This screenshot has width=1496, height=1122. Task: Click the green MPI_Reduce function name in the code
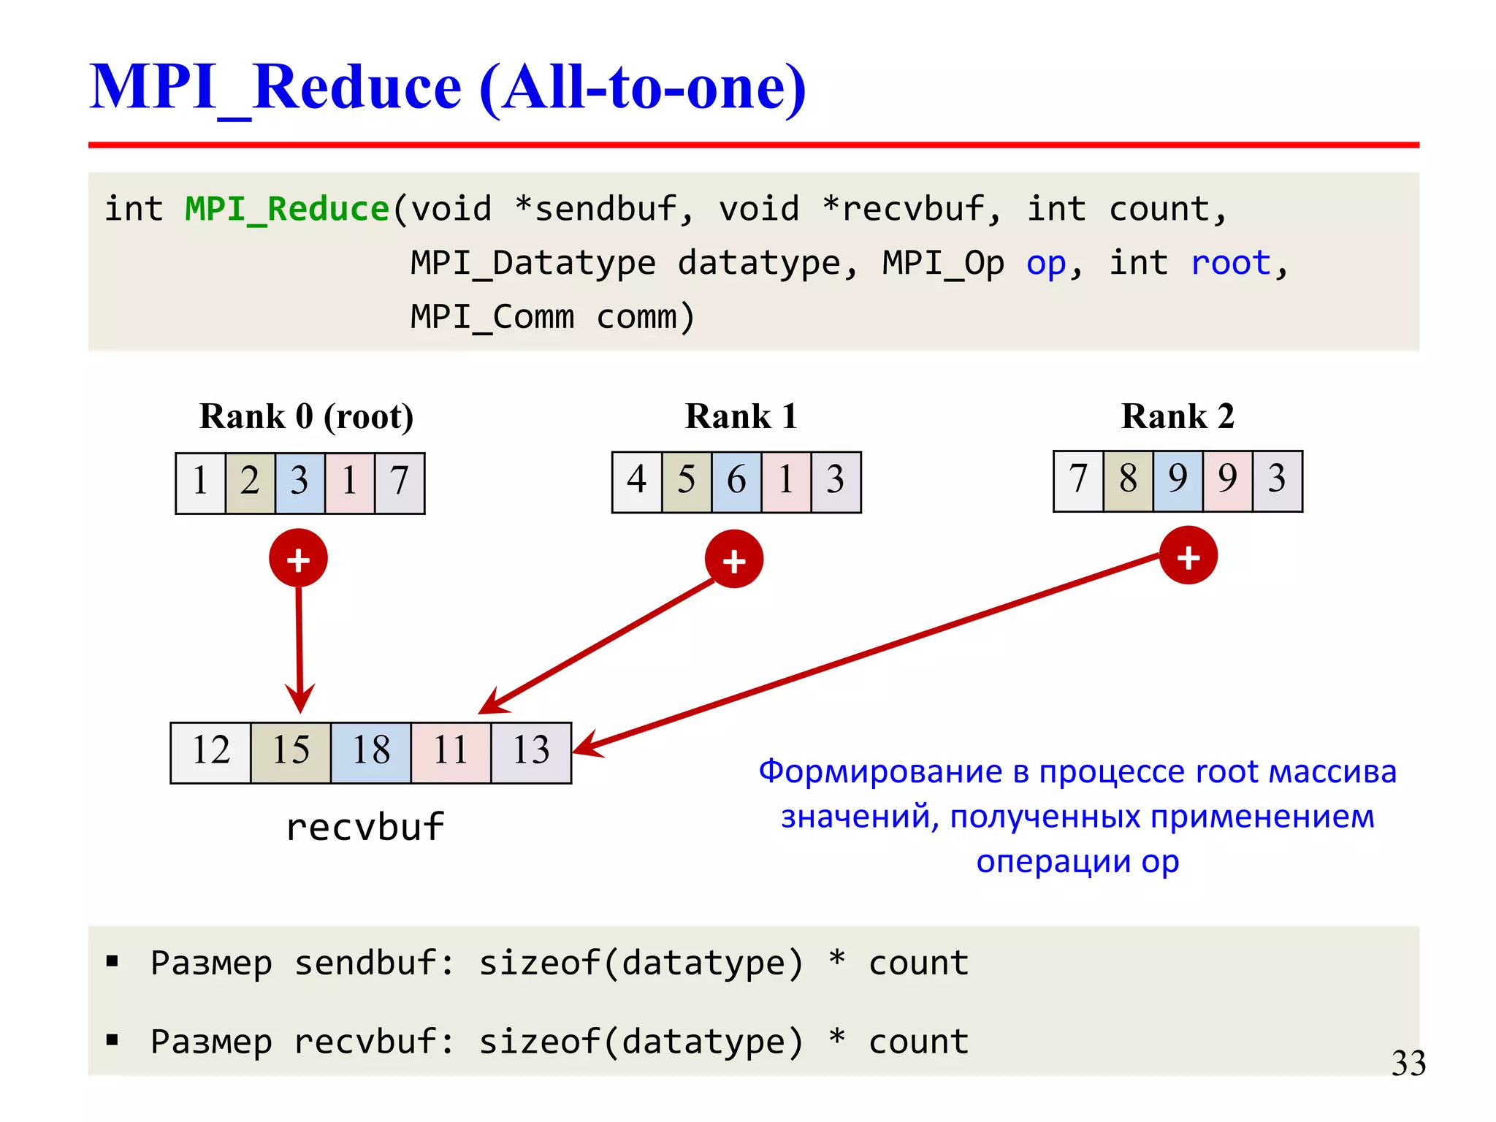tap(286, 210)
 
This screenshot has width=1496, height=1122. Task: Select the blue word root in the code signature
tap(1231, 263)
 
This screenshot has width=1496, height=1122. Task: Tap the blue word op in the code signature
tap(1046, 263)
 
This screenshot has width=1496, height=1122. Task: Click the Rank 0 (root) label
tap(306, 416)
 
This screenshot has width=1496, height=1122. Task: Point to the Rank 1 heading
tap(740, 416)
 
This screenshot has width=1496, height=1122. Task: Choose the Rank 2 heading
tap(1177, 416)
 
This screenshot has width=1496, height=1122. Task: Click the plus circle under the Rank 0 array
tap(298, 559)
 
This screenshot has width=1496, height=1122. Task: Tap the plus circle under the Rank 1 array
tap(734, 560)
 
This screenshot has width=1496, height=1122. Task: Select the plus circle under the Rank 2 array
tap(1188, 556)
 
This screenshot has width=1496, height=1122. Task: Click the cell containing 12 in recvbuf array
tap(211, 752)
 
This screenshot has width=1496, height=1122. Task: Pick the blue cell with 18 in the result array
tap(371, 752)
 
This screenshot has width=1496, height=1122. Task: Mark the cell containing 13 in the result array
tap(531, 752)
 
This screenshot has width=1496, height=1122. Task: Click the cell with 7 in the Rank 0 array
tap(400, 483)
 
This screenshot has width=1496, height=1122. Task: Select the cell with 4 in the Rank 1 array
tap(637, 481)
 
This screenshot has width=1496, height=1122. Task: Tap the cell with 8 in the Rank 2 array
tap(1128, 481)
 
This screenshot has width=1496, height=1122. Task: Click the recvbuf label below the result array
tap(365, 828)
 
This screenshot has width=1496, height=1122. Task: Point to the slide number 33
tap(1408, 1064)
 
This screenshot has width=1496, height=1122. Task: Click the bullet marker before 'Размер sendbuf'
tap(112, 961)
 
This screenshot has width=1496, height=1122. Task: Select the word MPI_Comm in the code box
tap(492, 317)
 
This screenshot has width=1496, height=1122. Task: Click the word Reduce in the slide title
tap(356, 88)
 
